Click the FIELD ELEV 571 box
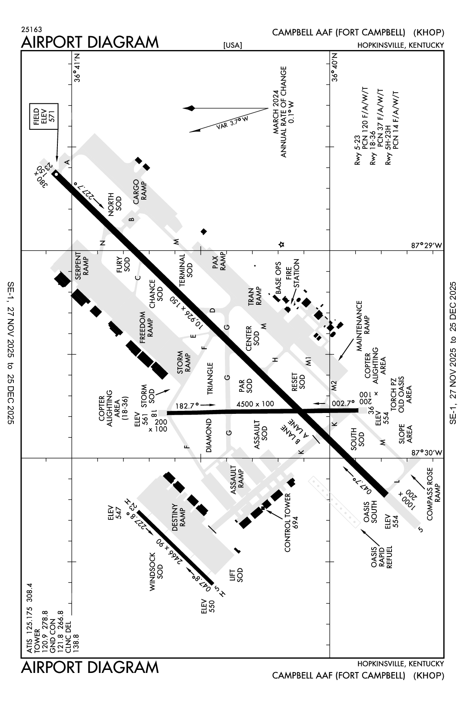44,116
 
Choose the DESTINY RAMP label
179,517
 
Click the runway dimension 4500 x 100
255,404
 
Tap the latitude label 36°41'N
77,67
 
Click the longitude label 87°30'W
426,453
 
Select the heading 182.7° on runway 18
187,406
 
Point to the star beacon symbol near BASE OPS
281,244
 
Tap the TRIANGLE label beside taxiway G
210,378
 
